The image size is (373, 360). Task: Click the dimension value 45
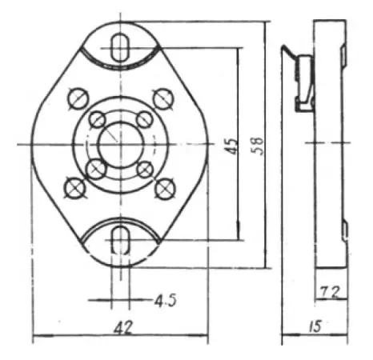coord(231,146)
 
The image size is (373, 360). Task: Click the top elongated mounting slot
coord(121,46)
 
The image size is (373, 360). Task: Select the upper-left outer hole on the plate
coord(78,99)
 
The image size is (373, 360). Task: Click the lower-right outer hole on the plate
coord(165,187)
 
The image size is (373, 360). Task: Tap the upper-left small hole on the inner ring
coord(97,120)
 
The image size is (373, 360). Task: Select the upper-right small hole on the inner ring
coord(145,119)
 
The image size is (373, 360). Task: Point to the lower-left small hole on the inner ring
coord(96,169)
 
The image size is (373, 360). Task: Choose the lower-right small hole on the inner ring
coord(145,169)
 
